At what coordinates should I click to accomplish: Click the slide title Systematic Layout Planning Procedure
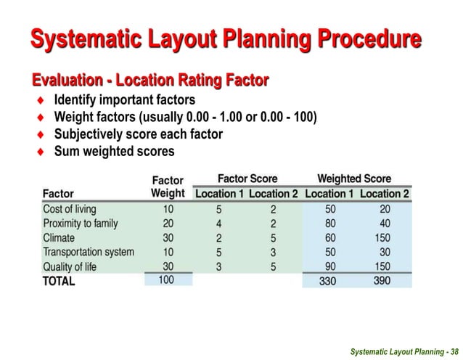pyautogui.click(x=225, y=38)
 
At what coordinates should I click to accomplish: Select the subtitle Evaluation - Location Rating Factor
pyautogui.click(x=149, y=78)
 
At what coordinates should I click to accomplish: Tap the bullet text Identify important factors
pyautogui.click(x=125, y=99)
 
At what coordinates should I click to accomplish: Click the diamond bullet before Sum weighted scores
pyautogui.click(x=42, y=152)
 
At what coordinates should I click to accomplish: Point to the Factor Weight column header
pyautogui.click(x=167, y=187)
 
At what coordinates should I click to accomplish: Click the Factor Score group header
pyautogui.click(x=247, y=179)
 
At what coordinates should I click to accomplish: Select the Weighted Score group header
pyautogui.click(x=354, y=179)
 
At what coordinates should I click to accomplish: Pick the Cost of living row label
pyautogui.click(x=70, y=209)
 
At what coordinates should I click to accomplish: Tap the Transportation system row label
pyautogui.click(x=89, y=252)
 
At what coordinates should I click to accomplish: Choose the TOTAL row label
pyautogui.click(x=59, y=281)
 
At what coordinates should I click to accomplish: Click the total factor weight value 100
pyautogui.click(x=166, y=280)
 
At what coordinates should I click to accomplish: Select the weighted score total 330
pyautogui.click(x=329, y=282)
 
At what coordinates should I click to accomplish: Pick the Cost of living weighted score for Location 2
pyautogui.click(x=384, y=209)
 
